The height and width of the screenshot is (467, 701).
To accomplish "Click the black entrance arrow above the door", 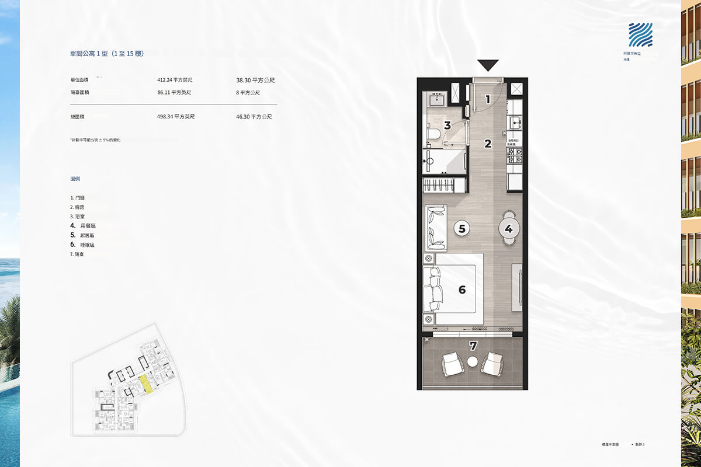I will pos(488,65).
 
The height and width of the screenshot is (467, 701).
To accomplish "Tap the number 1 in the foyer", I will pos(488,99).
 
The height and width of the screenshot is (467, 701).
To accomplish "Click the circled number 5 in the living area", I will pos(461,229).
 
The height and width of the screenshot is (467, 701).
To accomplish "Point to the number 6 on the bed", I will pos(461,289).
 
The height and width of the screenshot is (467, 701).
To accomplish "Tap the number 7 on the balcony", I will pos(473,346).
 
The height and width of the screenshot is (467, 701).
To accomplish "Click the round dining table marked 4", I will pos(508,229).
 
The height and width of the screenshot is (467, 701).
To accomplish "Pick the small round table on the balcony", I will pos(473,363).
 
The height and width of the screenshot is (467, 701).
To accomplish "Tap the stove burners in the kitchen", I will pos(515,155).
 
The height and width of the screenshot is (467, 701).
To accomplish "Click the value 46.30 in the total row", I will pos(254,117).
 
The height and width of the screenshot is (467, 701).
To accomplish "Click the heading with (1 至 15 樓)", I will pos(106,54).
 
